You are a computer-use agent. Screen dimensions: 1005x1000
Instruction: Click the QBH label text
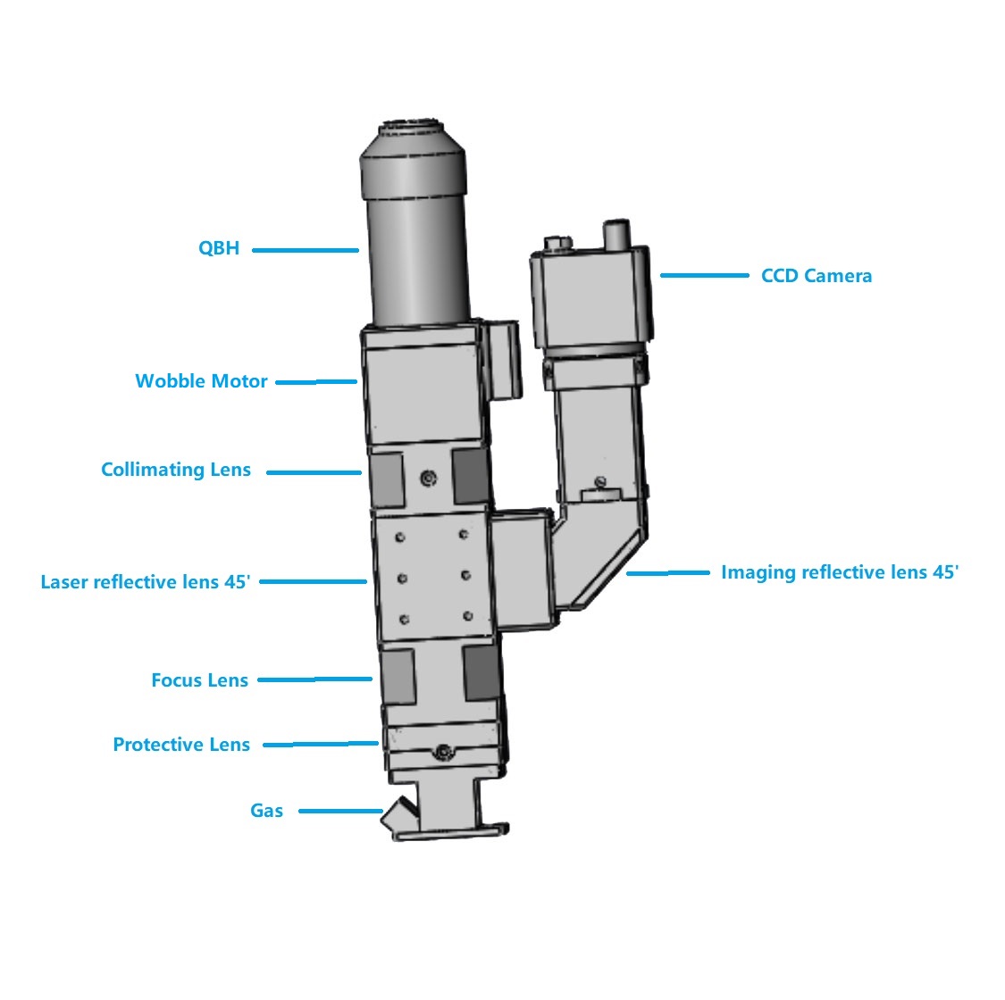tap(219, 248)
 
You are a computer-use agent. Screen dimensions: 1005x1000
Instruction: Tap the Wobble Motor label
tap(201, 380)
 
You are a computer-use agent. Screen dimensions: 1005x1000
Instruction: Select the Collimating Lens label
tap(176, 470)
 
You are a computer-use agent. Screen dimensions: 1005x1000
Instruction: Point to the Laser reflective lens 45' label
tap(146, 581)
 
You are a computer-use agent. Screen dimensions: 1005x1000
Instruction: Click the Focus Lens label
tap(199, 679)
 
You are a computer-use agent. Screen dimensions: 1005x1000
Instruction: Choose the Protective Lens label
tap(181, 745)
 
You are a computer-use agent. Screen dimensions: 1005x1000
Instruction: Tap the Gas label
tap(266, 811)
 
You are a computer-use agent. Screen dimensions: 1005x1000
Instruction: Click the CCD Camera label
tap(817, 276)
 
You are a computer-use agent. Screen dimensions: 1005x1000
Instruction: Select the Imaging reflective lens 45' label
tap(840, 572)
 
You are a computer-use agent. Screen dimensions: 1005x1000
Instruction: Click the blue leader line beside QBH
tap(306, 250)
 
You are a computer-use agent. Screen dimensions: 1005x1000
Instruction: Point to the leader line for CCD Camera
tap(705, 276)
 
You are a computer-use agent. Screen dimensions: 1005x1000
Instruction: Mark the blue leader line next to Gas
tap(341, 811)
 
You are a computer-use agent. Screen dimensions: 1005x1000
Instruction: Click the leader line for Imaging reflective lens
tap(668, 572)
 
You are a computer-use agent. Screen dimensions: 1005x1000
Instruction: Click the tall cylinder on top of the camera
tap(616, 235)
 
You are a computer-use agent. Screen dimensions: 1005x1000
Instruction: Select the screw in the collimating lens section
tap(429, 478)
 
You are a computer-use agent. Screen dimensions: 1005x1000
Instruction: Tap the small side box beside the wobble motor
tap(501, 360)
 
